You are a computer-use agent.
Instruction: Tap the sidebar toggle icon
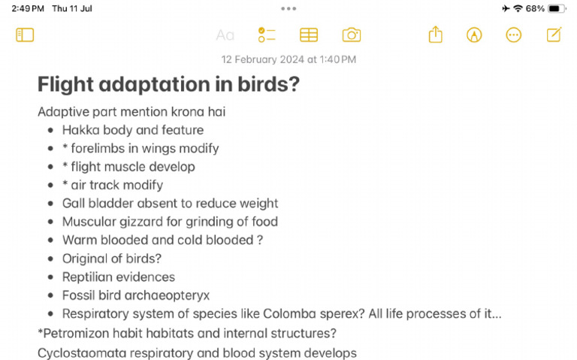click(25, 35)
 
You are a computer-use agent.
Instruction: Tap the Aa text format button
click(225, 35)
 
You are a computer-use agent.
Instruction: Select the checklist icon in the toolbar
click(267, 35)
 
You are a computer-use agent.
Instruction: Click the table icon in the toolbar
click(309, 35)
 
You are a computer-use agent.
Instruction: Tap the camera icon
click(351, 35)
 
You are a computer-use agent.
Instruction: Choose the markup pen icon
click(474, 35)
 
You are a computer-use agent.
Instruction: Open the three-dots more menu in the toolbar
click(514, 35)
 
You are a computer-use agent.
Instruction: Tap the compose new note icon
click(554, 35)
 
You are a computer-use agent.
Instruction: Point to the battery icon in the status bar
click(557, 8)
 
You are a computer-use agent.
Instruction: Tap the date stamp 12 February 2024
click(288, 59)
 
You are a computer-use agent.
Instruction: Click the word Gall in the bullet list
click(74, 203)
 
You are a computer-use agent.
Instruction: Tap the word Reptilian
click(89, 277)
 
